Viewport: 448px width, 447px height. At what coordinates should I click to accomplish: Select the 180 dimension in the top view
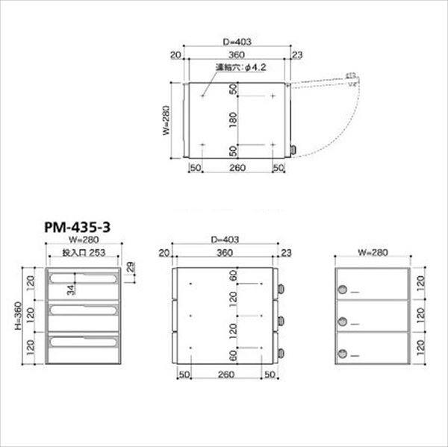(233, 120)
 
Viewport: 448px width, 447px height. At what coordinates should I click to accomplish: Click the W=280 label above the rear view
(371, 252)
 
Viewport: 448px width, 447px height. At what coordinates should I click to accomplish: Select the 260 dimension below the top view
(237, 169)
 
